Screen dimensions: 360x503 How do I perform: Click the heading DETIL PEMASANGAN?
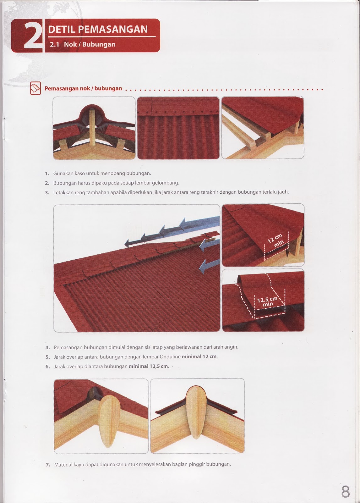[x=98, y=29]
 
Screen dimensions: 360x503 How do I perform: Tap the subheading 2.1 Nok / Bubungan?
[x=83, y=44]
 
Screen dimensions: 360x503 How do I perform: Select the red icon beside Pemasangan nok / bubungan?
[x=35, y=88]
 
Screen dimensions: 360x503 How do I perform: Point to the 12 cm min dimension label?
[x=275, y=241]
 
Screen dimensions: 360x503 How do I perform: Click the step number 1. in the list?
[x=47, y=174]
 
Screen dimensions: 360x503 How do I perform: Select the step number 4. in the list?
[x=47, y=348]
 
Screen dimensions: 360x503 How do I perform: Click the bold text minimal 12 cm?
[x=199, y=357]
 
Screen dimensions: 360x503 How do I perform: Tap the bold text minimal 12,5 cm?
[x=148, y=366]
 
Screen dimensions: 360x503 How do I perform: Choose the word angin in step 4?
[x=231, y=347]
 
